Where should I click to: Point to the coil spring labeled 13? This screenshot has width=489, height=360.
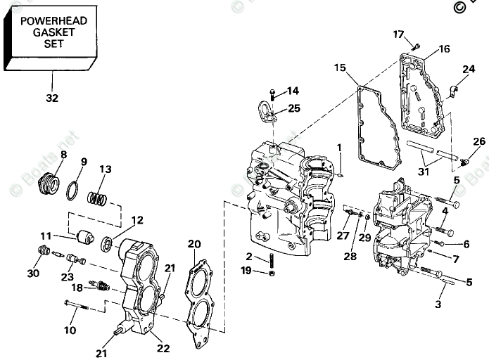click(x=98, y=198)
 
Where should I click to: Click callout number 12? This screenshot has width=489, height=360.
click(x=136, y=220)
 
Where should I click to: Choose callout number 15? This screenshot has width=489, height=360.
click(x=340, y=67)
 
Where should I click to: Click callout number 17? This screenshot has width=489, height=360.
click(x=398, y=34)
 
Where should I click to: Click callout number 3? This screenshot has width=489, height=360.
click(x=438, y=304)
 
